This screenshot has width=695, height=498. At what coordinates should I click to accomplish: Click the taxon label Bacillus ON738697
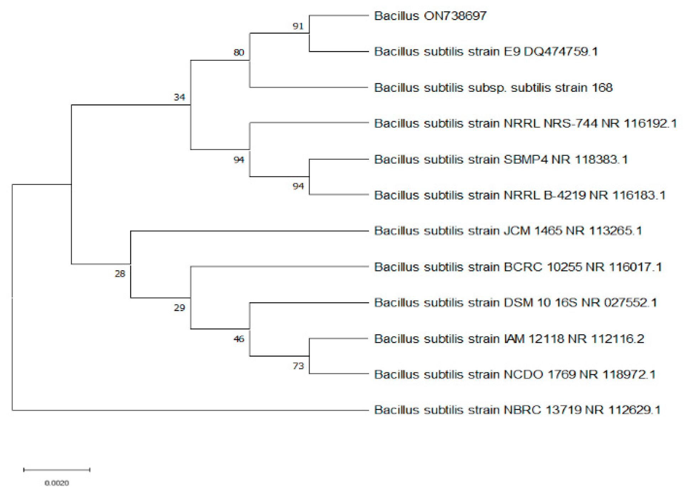430,16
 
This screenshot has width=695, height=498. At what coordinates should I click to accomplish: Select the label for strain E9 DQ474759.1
486,52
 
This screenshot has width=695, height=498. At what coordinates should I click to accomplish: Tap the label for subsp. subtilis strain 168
493,88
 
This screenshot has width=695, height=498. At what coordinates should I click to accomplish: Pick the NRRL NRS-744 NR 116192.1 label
525,124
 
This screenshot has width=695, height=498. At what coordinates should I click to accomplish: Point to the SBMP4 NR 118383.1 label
501,160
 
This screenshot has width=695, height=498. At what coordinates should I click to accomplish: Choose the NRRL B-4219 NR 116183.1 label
520,195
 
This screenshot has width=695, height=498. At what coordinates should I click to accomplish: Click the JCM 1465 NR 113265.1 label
508,231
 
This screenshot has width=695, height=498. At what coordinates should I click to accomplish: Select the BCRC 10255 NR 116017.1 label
518,267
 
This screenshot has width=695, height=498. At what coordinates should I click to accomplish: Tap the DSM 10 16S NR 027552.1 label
515,303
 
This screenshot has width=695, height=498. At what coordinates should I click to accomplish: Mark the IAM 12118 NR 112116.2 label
509,339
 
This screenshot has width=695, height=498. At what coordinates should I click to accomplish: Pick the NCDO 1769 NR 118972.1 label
515,375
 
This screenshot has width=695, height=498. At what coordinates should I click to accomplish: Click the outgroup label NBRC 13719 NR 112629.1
517,410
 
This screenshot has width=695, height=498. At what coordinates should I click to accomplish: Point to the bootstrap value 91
298,26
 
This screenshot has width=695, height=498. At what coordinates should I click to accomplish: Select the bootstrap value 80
239,53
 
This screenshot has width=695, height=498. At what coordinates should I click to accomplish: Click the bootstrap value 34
179,97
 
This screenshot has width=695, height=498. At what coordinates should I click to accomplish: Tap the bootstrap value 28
120,274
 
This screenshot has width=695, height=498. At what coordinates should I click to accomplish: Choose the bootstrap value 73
298,366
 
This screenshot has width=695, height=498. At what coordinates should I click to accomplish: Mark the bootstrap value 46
239,339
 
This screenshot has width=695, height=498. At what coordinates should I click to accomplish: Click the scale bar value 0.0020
57,483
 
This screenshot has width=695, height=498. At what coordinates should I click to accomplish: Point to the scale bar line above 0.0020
57,470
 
